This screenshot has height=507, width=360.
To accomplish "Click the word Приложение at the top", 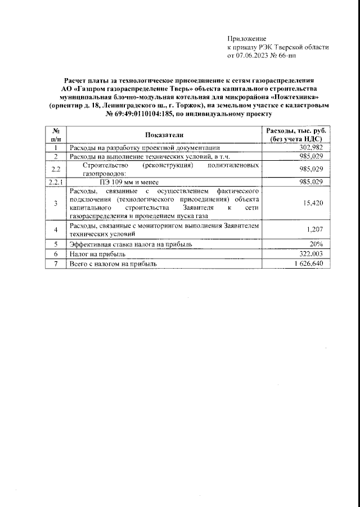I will [246, 38].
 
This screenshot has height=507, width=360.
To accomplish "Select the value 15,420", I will [313, 203].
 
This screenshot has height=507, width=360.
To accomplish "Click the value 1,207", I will [315, 229].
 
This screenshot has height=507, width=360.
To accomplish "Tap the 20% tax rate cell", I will [316, 245].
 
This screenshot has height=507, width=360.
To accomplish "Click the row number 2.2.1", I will [56, 182].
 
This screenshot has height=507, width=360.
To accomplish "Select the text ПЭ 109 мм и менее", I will [130, 182].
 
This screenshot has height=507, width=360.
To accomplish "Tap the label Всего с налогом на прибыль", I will [113, 263].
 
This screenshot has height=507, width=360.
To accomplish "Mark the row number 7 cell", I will [56, 263].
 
